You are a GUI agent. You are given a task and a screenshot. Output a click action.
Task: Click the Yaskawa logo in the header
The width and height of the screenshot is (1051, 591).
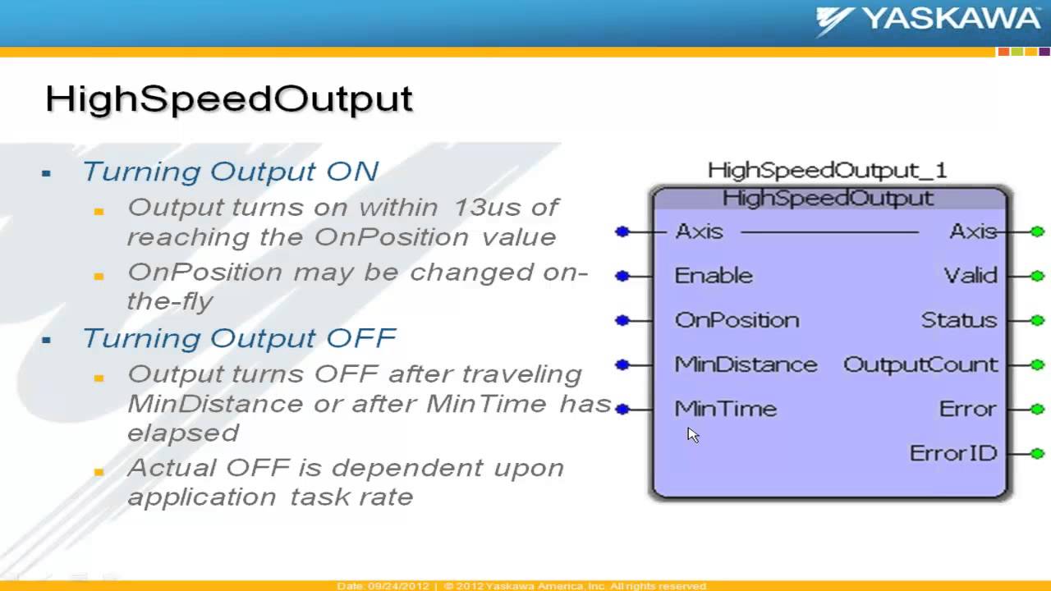pyautogui.click(x=928, y=20)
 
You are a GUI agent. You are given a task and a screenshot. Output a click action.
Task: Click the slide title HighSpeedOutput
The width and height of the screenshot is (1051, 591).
pyautogui.click(x=229, y=98)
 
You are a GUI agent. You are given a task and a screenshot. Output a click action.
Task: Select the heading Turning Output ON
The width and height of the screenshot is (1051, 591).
pyautogui.click(x=230, y=172)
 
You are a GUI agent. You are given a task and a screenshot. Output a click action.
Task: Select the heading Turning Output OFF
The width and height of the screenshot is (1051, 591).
pyautogui.click(x=239, y=338)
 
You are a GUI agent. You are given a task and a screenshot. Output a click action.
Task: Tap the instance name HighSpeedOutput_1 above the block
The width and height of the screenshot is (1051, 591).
pyautogui.click(x=827, y=171)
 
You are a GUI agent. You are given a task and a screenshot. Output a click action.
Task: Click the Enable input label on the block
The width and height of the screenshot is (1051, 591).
pyautogui.click(x=713, y=276)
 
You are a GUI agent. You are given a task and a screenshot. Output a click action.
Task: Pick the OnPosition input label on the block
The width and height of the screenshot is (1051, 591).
pyautogui.click(x=737, y=320)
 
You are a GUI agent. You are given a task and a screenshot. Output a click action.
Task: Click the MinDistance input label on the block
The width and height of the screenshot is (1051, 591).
pyautogui.click(x=746, y=364)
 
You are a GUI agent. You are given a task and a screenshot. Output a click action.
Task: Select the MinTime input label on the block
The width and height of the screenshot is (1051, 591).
pyautogui.click(x=725, y=409)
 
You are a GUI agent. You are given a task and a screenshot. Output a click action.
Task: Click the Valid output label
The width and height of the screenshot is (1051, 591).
pyautogui.click(x=970, y=276)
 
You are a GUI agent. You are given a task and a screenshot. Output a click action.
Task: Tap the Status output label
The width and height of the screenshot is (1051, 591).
pyautogui.click(x=958, y=320)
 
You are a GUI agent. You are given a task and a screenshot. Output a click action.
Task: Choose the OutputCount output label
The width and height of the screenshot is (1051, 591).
pyautogui.click(x=920, y=364)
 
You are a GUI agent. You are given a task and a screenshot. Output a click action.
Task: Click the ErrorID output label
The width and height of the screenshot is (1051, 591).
pyautogui.click(x=952, y=453)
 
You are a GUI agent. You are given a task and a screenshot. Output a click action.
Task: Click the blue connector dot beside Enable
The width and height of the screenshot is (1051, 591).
pyautogui.click(x=622, y=276)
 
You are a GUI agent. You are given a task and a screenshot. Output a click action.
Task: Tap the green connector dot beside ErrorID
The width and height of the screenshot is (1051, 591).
pyautogui.click(x=1037, y=453)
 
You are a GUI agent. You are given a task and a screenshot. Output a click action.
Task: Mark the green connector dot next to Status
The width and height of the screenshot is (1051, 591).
pyautogui.click(x=1037, y=320)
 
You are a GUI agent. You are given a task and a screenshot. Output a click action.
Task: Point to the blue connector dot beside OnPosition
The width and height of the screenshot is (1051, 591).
pyautogui.click(x=622, y=320)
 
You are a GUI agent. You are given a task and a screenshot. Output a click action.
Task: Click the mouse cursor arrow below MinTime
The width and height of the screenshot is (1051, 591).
pyautogui.click(x=692, y=434)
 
